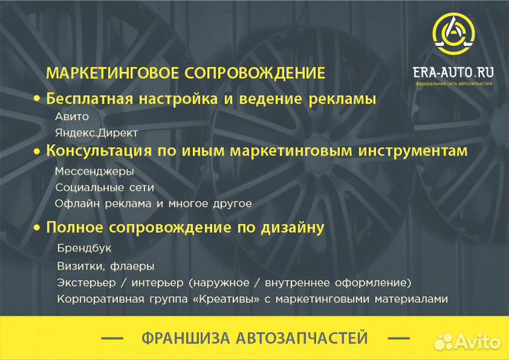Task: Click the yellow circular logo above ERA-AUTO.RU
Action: [x=453, y=36]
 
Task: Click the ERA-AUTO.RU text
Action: [x=453, y=72]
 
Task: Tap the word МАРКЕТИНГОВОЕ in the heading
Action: [x=114, y=73]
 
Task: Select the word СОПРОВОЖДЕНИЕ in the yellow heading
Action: [x=256, y=73]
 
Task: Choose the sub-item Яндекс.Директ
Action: [x=96, y=132]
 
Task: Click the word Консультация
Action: [x=99, y=151]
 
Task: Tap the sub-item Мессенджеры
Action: [x=94, y=171]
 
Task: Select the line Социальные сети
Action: [x=104, y=187]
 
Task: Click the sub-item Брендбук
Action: [x=84, y=249]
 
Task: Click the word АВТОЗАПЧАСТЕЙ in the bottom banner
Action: [x=307, y=338]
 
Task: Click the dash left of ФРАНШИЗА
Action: [x=112, y=339]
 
